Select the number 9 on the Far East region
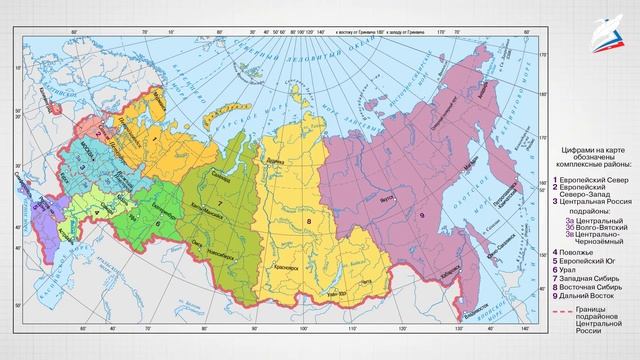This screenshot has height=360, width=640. click(421, 214)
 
